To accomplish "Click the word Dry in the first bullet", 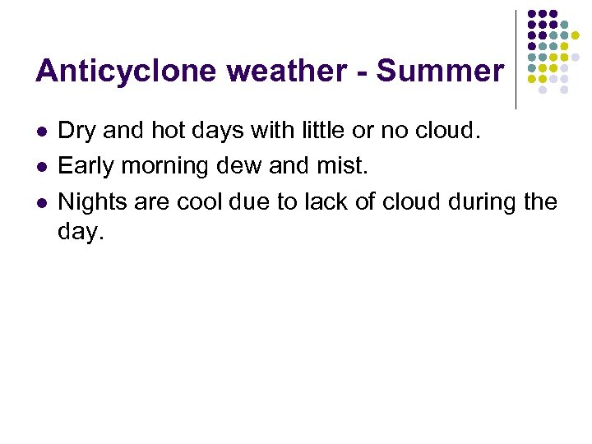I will tap(76, 130).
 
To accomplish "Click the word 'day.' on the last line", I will tap(81, 232).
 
